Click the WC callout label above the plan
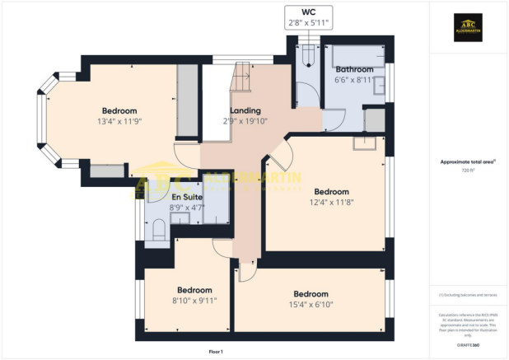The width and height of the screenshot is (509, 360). pyautogui.click(x=307, y=18)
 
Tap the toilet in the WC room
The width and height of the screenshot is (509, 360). pyautogui.click(x=308, y=55)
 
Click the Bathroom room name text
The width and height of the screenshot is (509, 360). pyautogui.click(x=353, y=69)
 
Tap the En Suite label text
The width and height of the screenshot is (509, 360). pyautogui.click(x=186, y=198)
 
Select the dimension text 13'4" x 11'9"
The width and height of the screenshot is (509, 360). pyautogui.click(x=119, y=122)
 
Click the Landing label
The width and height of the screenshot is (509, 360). pyautogui.click(x=245, y=110)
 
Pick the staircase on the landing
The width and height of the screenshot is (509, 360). pyautogui.click(x=240, y=80)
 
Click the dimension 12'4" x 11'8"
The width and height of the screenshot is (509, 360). pyautogui.click(x=332, y=201)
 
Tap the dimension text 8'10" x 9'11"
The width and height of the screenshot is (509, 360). pyautogui.click(x=194, y=301)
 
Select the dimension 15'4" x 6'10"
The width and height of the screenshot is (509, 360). pyautogui.click(x=311, y=304)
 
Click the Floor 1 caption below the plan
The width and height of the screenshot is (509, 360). pyautogui.click(x=216, y=352)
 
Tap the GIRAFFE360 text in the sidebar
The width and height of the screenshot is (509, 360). pyautogui.click(x=469, y=344)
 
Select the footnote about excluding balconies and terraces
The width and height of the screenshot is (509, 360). pyautogui.click(x=468, y=294)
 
